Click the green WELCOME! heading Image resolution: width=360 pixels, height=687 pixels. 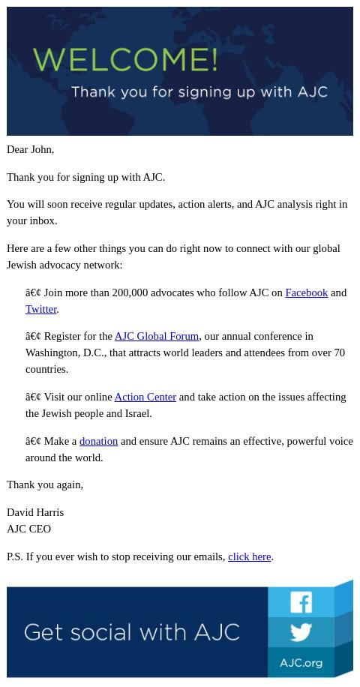[x=125, y=60]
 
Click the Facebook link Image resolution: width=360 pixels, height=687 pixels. [x=306, y=292]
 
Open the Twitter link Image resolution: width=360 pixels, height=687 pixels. [x=41, y=309]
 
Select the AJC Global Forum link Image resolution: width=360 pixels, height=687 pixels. [x=156, y=336]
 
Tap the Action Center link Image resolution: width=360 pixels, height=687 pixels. [x=145, y=397]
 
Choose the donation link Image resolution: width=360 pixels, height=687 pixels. [x=98, y=441]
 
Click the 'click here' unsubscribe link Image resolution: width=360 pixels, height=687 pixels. [x=249, y=556]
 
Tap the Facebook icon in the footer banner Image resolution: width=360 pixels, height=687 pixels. [x=301, y=602]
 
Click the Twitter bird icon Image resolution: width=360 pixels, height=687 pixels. [x=301, y=632]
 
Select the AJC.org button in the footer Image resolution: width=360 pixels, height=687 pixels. [x=301, y=663]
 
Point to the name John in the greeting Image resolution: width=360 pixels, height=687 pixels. [x=40, y=149]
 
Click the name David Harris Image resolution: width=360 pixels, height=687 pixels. [x=35, y=512]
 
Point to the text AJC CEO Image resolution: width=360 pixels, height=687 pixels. [x=28, y=529]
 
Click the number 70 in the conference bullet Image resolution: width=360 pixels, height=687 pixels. [x=339, y=352]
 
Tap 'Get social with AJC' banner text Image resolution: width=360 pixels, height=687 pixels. [x=132, y=632]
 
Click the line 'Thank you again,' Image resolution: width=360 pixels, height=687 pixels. [x=45, y=484]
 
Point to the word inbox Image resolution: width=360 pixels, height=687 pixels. [x=42, y=220]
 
